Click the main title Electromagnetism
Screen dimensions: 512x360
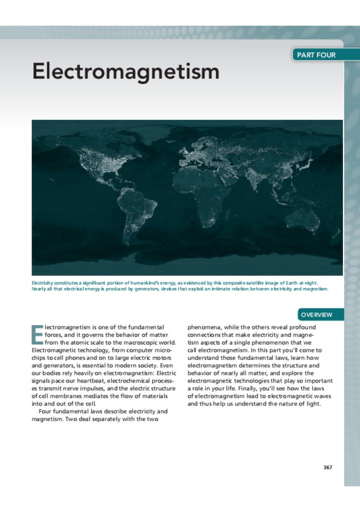125,71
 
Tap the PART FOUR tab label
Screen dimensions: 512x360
316,55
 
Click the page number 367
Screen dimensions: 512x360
327,467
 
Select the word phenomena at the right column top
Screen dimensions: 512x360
204,327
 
